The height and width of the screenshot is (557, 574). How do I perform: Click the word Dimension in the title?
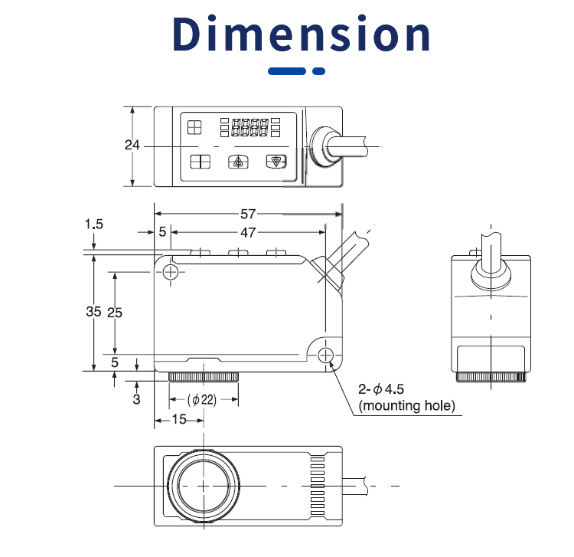[x=302, y=34]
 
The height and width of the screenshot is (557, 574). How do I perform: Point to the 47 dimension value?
[x=248, y=231]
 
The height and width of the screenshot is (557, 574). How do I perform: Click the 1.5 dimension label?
[x=93, y=224]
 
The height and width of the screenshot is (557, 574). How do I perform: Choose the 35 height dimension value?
[x=93, y=312]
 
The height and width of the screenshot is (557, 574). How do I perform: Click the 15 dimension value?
[x=178, y=419]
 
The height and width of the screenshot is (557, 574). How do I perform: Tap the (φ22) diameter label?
[x=203, y=399]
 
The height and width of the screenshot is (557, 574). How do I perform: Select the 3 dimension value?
[x=136, y=399]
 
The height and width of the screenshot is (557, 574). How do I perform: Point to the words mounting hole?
[x=406, y=405]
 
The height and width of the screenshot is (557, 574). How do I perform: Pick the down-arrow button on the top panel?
[x=274, y=162]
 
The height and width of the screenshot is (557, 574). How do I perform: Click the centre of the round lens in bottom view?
[x=203, y=486]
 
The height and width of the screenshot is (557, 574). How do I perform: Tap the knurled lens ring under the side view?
[x=203, y=377]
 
